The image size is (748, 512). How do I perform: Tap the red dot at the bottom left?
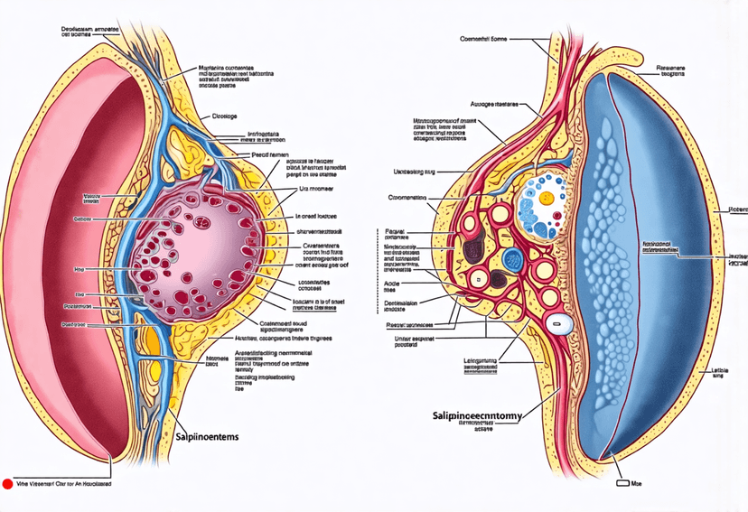[7, 484]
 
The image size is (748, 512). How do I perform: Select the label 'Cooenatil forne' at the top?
[485, 39]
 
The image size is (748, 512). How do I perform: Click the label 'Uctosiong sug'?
[420, 172]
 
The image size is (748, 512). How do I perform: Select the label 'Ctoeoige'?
[225, 116]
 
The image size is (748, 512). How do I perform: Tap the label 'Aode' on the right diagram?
[393, 283]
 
